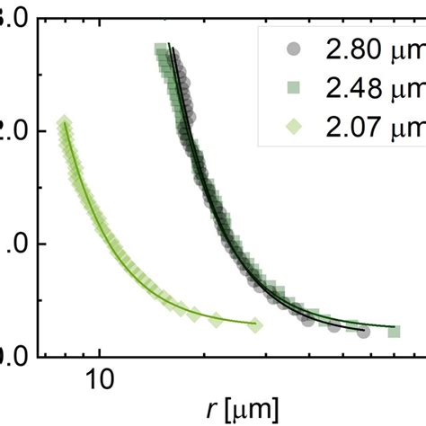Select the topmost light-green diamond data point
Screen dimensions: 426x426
click(64, 123)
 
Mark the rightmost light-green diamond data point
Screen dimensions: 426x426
click(257, 324)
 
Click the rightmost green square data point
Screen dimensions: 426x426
click(393, 332)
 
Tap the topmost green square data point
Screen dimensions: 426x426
click(161, 49)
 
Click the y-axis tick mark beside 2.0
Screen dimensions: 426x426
click(44, 131)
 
